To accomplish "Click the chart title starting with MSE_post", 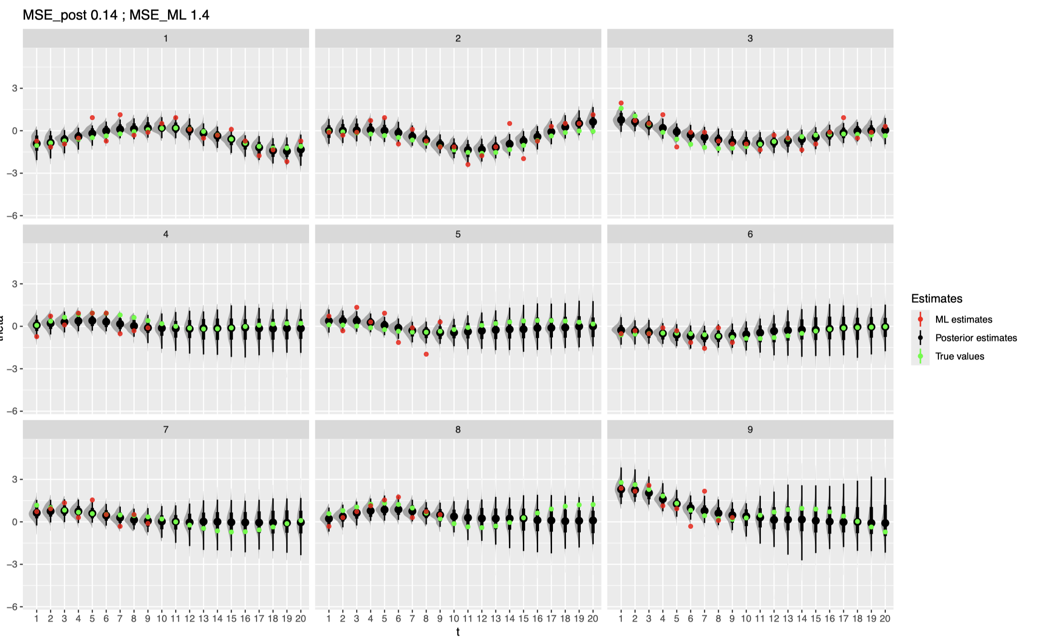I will click(116, 15).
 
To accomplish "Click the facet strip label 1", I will click(166, 39).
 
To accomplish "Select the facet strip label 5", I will click(458, 234).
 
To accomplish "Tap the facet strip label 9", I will click(750, 430).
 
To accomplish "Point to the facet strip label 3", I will click(750, 39).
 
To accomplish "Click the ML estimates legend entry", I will click(963, 319).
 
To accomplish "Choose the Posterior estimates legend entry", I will click(976, 338).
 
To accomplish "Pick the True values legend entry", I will click(959, 356).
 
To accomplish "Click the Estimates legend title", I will click(937, 299).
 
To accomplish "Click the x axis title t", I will click(458, 632).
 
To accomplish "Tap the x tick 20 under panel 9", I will click(885, 618).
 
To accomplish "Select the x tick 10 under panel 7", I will click(162, 618).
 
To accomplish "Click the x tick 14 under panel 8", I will click(509, 618).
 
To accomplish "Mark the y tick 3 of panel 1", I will click(15, 88).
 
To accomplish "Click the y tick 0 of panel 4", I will click(15, 326).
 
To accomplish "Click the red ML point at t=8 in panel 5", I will click(426, 354).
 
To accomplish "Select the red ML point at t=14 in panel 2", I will click(509, 124).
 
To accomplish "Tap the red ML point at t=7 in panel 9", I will click(704, 491).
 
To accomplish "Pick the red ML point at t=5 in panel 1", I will click(92, 118).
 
